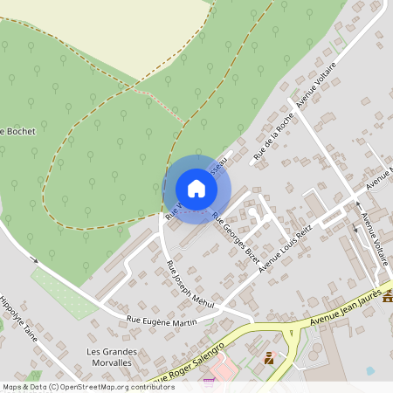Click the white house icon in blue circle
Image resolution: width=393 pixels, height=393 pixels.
196,189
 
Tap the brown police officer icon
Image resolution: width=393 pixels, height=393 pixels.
269,358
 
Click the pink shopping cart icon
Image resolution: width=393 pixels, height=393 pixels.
209,381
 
